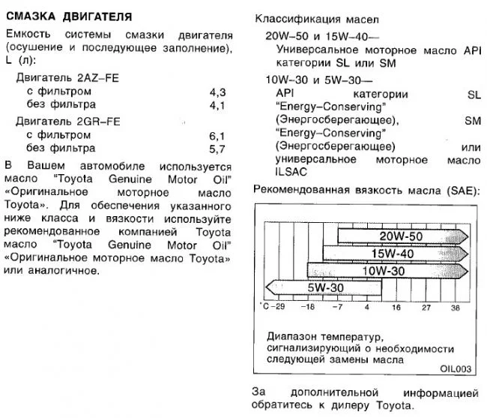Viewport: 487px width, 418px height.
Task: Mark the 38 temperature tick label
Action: click(x=454, y=308)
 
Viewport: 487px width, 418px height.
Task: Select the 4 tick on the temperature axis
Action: click(x=366, y=308)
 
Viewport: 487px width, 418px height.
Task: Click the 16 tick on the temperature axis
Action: click(x=396, y=308)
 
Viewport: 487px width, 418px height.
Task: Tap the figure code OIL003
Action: click(x=456, y=368)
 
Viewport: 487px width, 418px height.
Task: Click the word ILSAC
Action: click(x=293, y=174)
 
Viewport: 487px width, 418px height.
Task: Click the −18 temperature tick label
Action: click(x=307, y=308)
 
